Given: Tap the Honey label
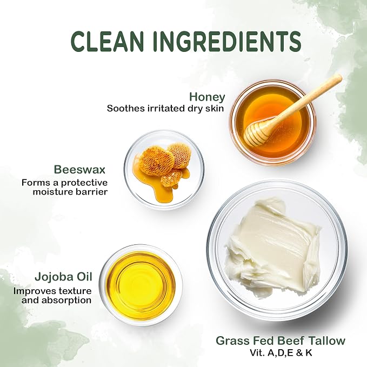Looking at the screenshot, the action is point(207,97).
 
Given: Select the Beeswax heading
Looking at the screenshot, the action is point(79,170).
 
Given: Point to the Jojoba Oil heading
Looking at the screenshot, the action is point(63,277).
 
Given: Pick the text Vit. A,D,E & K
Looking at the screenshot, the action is point(281,353).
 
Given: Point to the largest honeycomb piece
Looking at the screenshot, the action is point(156,161).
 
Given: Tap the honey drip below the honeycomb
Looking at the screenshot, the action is point(162,192).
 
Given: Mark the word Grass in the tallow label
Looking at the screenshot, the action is point(231,341).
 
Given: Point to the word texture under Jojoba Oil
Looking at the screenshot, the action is point(75,291).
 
